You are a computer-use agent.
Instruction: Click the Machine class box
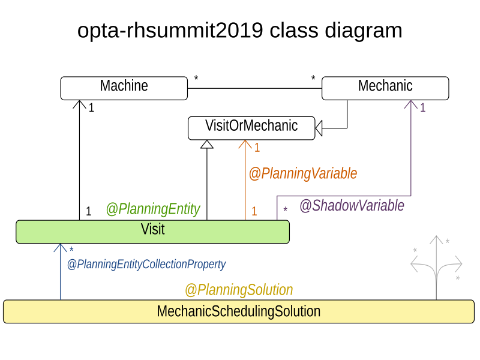[124, 88]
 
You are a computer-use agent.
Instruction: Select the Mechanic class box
[385, 88]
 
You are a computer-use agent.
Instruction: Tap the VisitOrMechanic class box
[251, 127]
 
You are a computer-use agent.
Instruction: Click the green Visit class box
[152, 231]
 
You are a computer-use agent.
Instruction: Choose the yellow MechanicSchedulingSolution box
[238, 311]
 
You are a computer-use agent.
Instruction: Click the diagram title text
[239, 30]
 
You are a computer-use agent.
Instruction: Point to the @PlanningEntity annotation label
[152, 209]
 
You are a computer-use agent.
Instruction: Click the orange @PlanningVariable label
[302, 173]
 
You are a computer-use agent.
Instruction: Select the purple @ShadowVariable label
[352, 206]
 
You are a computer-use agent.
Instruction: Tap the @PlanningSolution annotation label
[238, 290]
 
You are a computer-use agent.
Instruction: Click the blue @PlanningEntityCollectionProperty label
[146, 264]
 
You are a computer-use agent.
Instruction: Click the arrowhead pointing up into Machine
[79, 104]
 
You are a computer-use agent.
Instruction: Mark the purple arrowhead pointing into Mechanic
[410, 104]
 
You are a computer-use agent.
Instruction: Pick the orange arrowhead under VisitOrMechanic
[245, 144]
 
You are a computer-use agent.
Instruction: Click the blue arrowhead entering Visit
[60, 248]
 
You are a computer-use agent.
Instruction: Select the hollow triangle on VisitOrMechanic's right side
[319, 127]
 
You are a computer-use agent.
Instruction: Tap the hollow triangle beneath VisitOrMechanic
[207, 144]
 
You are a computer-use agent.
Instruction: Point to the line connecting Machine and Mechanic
[254, 88]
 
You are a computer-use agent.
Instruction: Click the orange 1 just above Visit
[254, 211]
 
